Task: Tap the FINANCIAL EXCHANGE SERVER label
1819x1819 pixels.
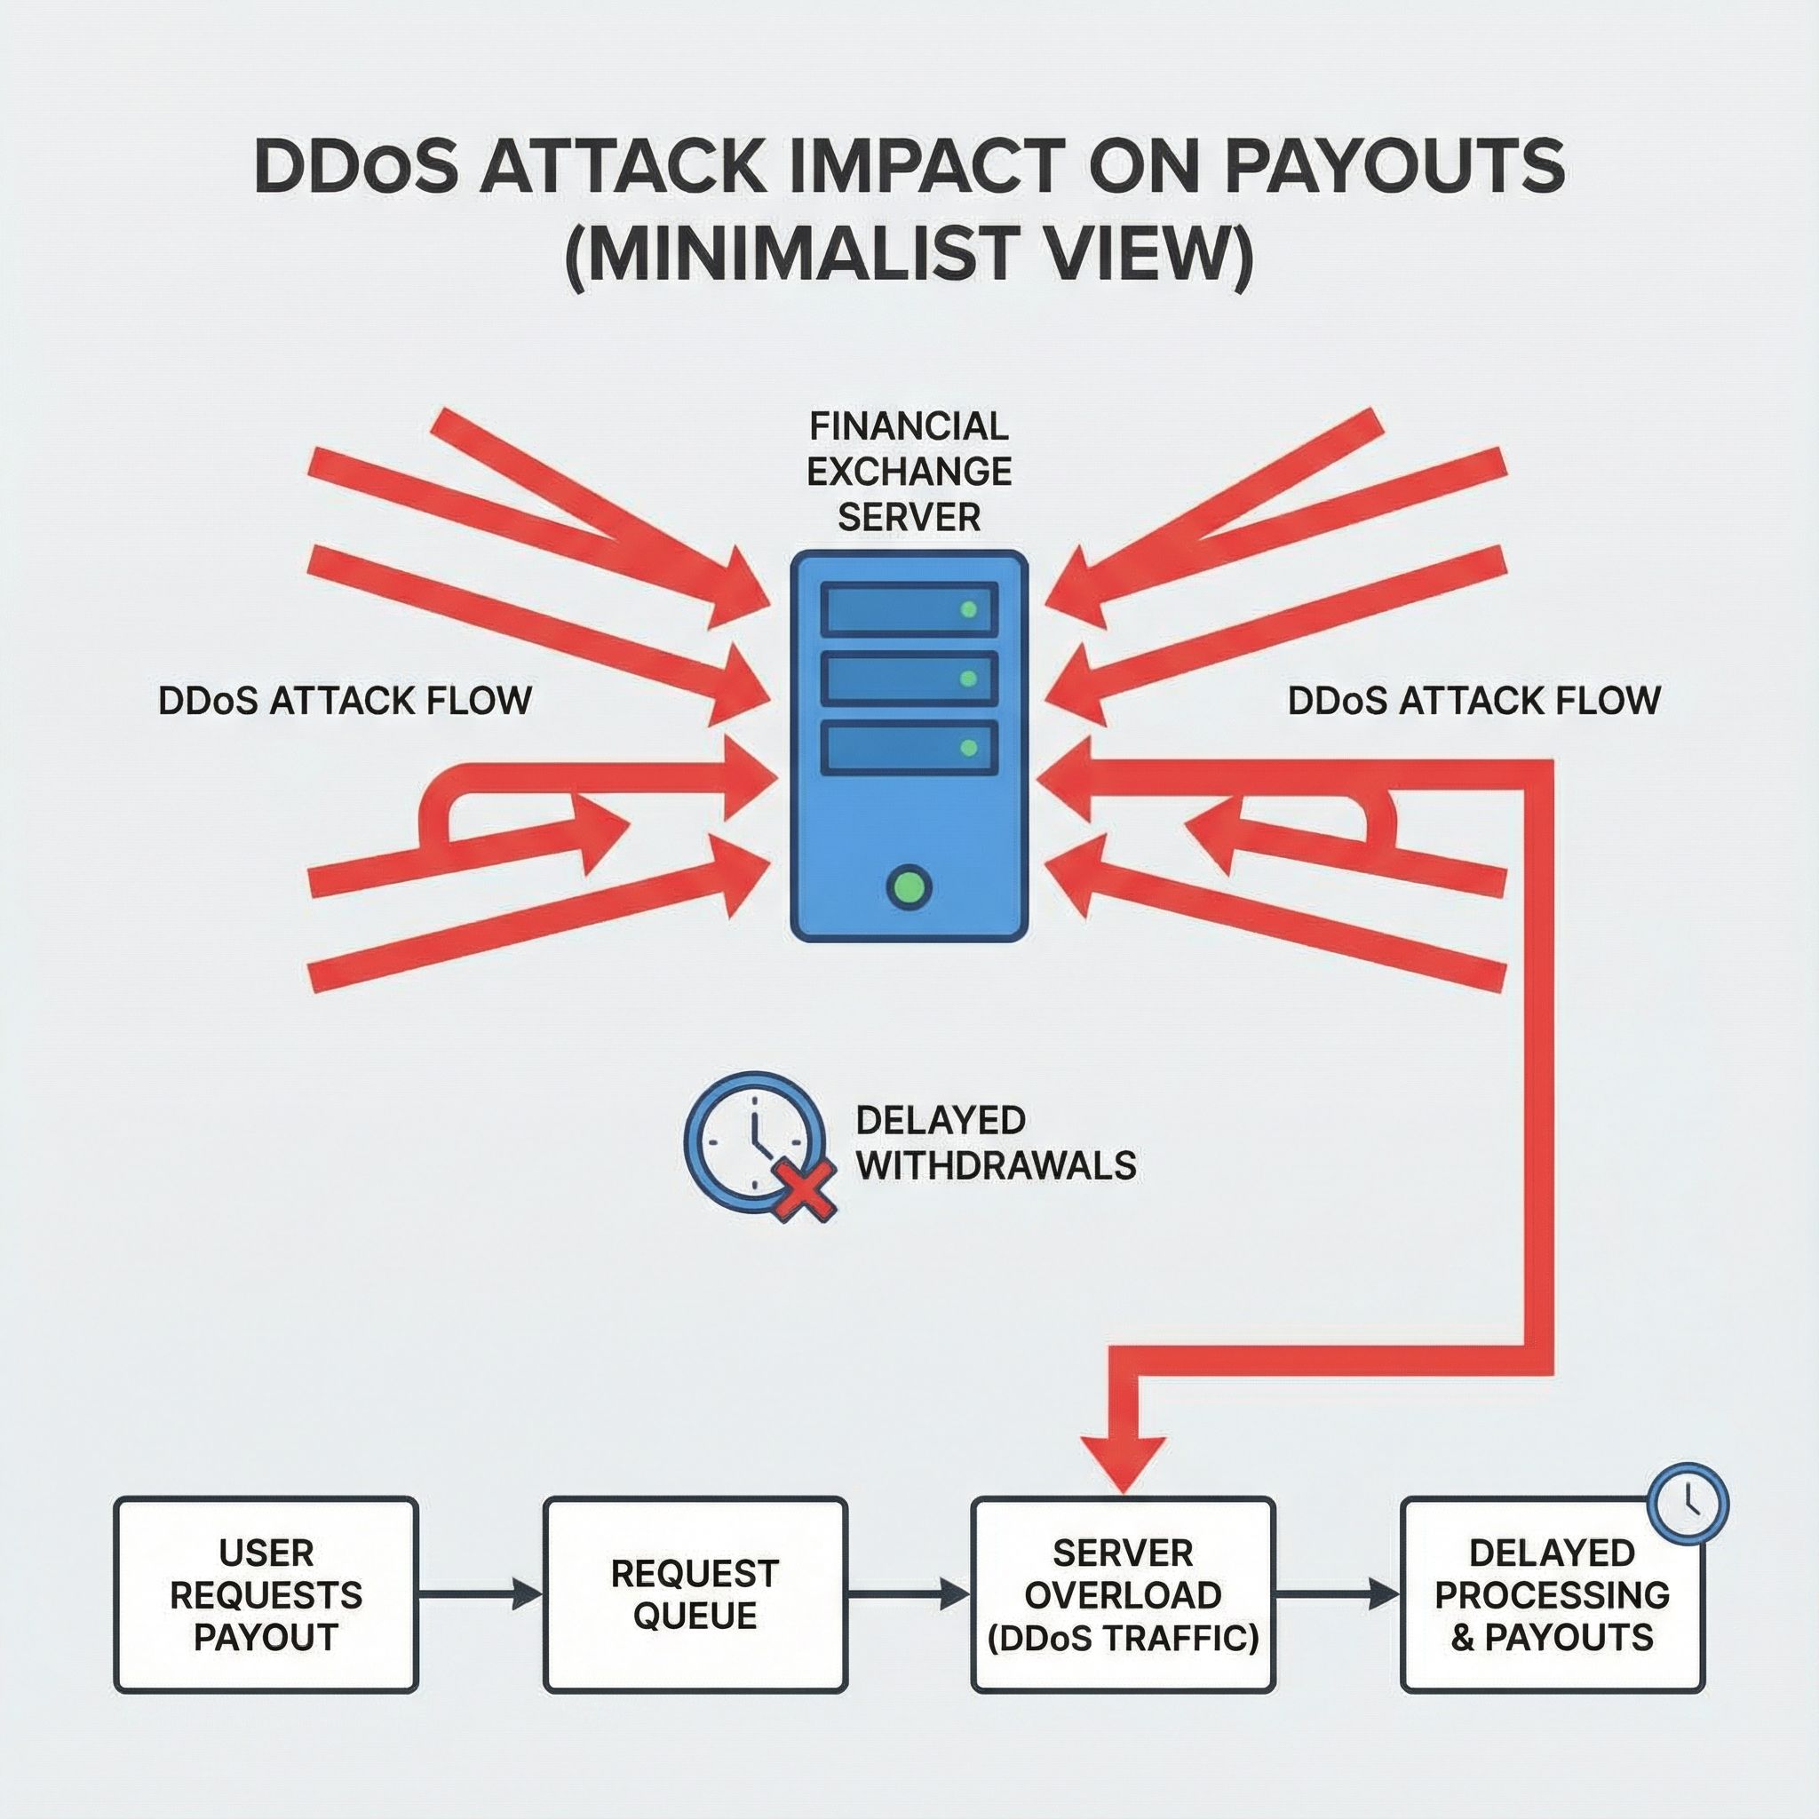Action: (909, 471)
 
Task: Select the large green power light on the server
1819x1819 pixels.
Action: (909, 886)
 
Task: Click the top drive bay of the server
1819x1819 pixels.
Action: (909, 609)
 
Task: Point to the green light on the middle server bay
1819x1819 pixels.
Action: (967, 678)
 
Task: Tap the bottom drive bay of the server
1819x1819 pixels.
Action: (909, 748)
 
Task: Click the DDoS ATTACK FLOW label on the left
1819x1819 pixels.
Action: (345, 702)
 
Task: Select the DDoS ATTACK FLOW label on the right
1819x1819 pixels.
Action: (1473, 702)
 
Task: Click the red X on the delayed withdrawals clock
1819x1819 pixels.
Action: (803, 1189)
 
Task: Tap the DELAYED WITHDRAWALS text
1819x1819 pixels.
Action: (995, 1143)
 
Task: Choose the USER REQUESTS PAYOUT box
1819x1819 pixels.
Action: (266, 1595)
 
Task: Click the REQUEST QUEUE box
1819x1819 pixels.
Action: (695, 1595)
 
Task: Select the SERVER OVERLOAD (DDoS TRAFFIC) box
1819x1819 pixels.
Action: (1123, 1595)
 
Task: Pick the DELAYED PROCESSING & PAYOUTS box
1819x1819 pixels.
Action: (1552, 1595)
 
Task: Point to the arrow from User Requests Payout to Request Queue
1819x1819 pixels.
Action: (481, 1594)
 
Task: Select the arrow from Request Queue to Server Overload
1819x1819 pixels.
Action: (909, 1594)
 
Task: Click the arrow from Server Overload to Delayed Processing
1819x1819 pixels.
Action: (1337, 1594)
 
